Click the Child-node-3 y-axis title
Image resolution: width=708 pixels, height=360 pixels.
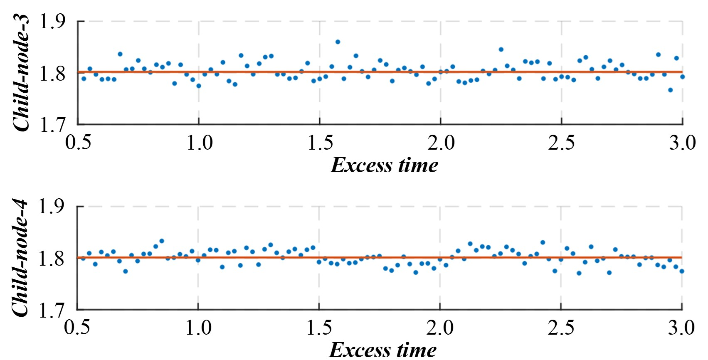[x=22, y=73]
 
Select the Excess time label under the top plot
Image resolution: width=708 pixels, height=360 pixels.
[x=384, y=165]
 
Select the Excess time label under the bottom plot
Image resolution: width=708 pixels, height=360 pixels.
[x=382, y=350]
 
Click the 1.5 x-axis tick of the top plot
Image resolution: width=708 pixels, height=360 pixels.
[x=320, y=143]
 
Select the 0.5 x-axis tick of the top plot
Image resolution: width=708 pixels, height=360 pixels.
[x=79, y=143]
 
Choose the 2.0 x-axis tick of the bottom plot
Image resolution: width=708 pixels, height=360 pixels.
[x=440, y=328]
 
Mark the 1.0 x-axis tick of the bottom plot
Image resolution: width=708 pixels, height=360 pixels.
[x=198, y=328]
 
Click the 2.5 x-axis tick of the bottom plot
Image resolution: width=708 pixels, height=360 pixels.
[x=561, y=328]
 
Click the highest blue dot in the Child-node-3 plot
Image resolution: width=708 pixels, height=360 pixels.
[x=338, y=42]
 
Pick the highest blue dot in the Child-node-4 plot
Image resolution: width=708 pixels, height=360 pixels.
[x=162, y=241]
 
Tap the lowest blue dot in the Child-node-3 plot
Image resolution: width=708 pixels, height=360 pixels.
[x=670, y=90]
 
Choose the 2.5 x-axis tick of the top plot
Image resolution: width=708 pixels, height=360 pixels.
[x=561, y=143]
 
